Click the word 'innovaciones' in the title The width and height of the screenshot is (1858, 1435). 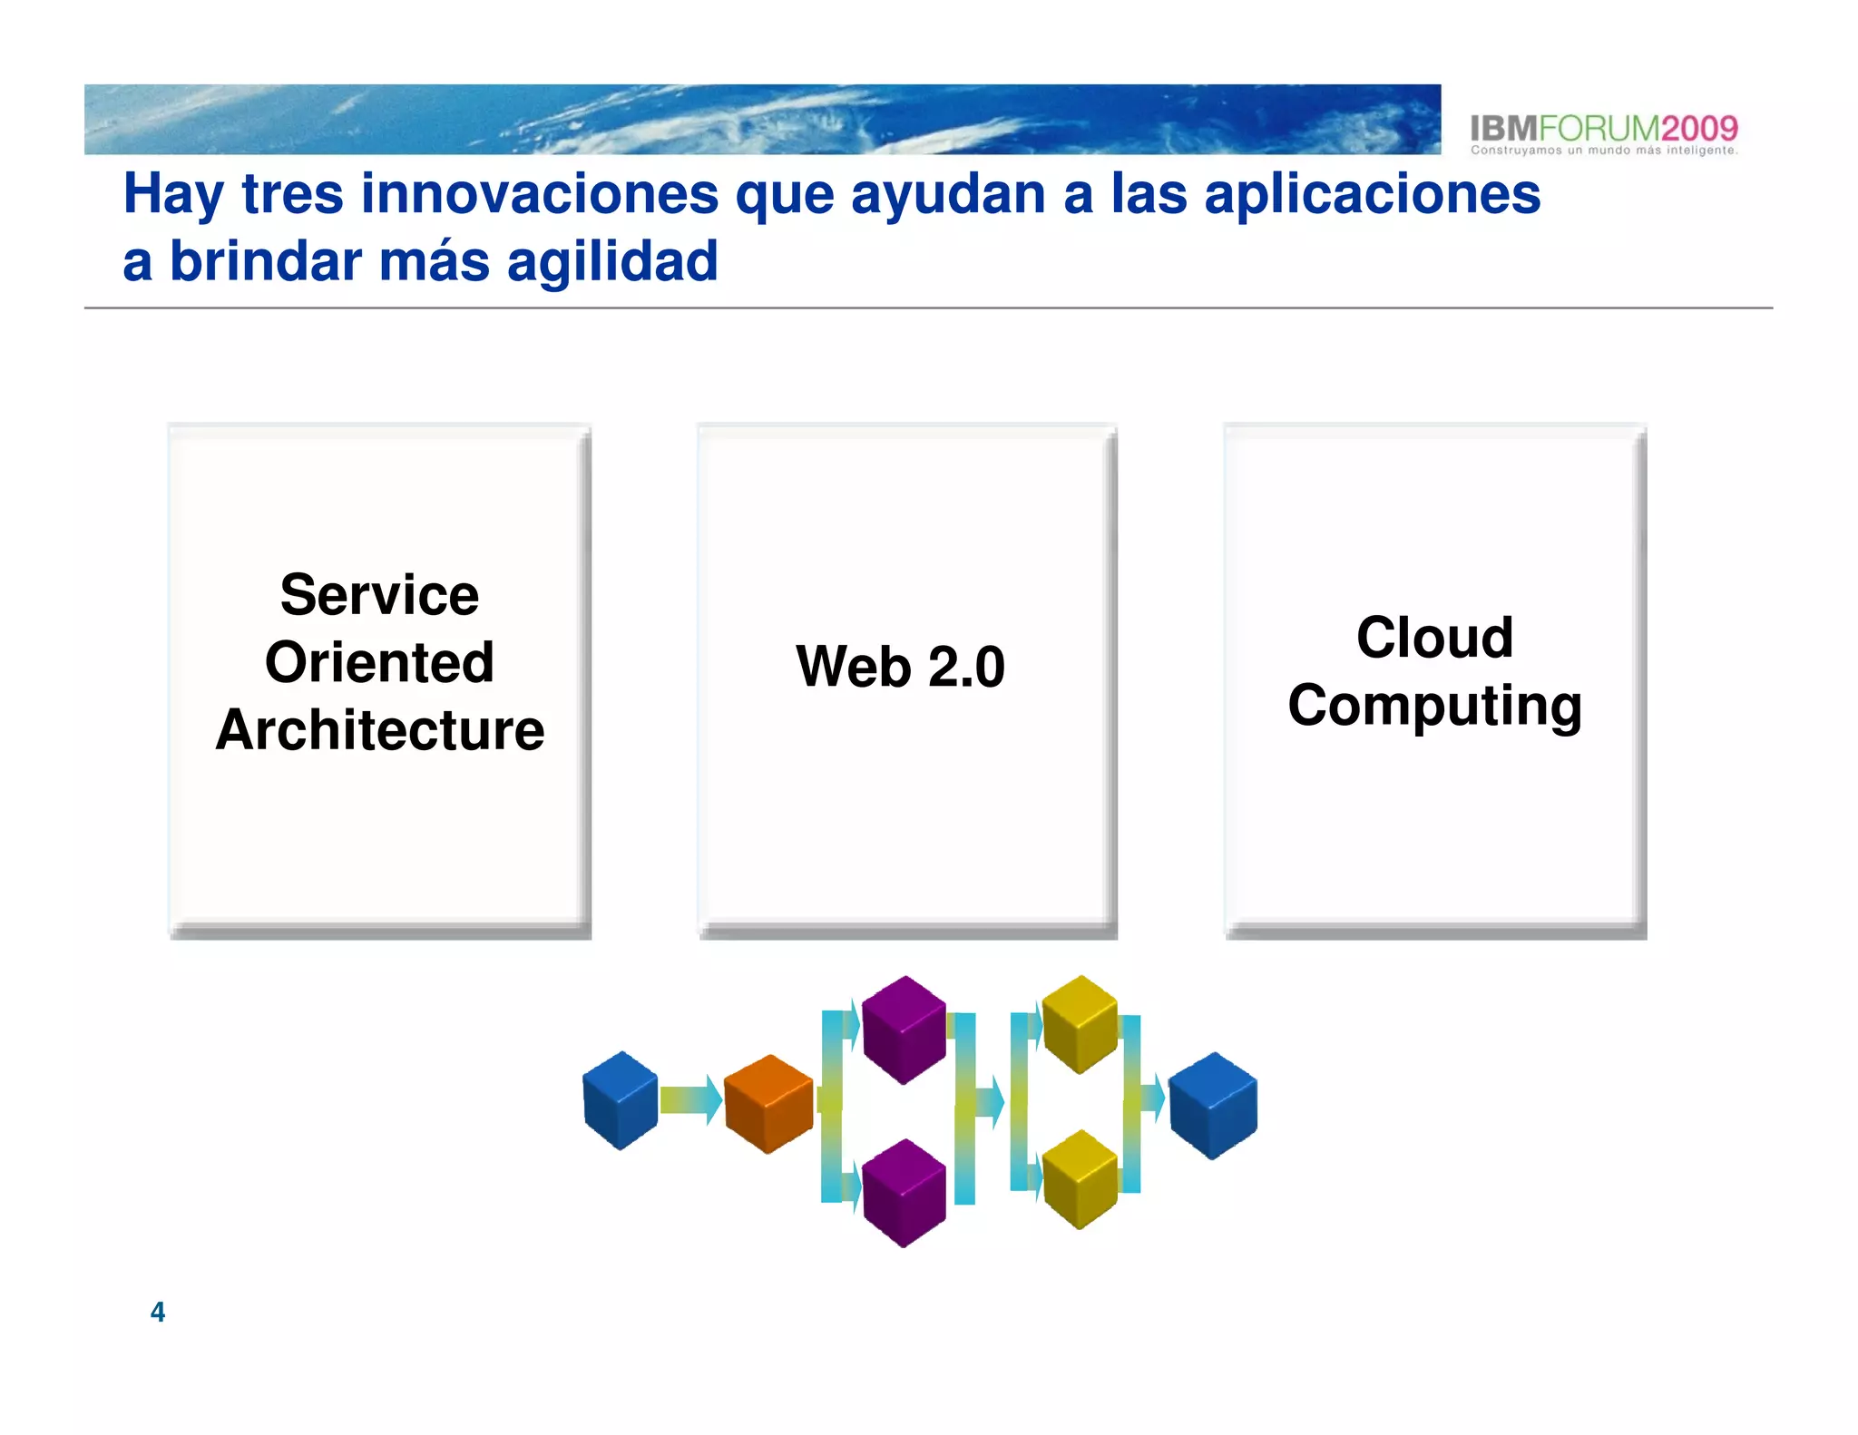[x=539, y=194]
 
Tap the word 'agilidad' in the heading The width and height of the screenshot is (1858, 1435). [x=612, y=263]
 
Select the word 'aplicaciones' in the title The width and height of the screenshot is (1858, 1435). [x=1372, y=194]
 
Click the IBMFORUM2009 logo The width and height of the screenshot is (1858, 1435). [x=1603, y=128]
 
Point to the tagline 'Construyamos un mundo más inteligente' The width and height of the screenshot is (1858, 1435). [x=1603, y=151]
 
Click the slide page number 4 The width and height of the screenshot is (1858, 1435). [x=158, y=1312]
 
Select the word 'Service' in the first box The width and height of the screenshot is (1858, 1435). [x=379, y=596]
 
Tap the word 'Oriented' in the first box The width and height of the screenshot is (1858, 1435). [x=379, y=663]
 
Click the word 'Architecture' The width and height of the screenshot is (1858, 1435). [x=379, y=730]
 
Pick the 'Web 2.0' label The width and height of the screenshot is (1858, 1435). [x=900, y=667]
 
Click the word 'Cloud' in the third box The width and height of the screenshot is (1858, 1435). [x=1434, y=638]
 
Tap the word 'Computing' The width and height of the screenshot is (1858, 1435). [x=1434, y=706]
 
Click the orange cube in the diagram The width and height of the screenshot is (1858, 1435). [x=768, y=1104]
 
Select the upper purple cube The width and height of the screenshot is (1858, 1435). [x=904, y=1030]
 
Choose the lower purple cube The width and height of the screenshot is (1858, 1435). [x=904, y=1193]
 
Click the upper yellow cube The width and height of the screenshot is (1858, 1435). [x=1080, y=1024]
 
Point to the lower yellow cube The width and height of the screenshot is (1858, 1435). [x=1080, y=1179]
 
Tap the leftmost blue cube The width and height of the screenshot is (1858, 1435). [x=621, y=1100]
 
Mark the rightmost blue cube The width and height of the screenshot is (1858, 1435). [x=1213, y=1105]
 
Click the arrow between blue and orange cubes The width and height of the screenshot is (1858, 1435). [x=690, y=1100]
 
